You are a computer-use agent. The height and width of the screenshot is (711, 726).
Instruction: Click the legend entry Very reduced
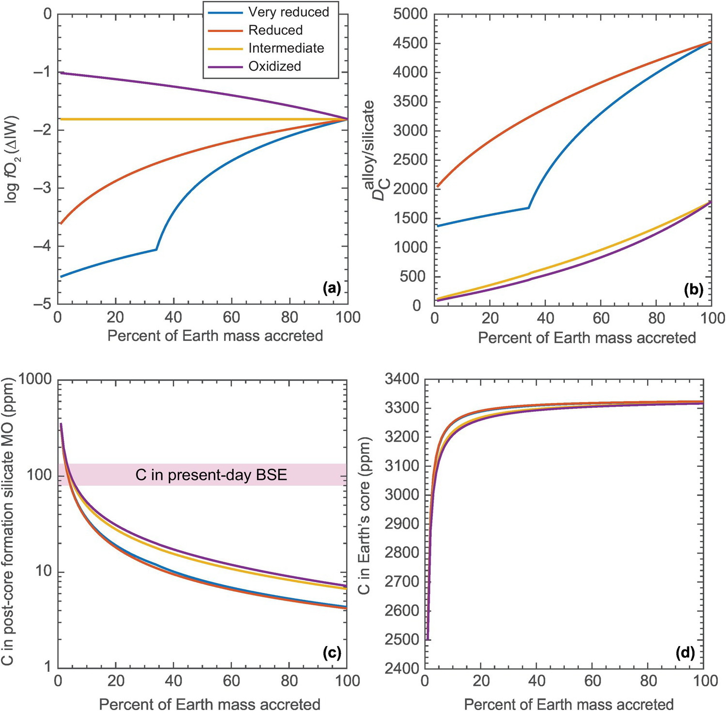point(288,12)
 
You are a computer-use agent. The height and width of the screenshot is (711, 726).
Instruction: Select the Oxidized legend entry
point(274,66)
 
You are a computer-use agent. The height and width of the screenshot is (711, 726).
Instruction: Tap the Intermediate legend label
point(286,48)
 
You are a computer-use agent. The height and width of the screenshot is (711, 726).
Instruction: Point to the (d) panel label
point(685,654)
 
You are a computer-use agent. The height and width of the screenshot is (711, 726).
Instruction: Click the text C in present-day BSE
point(211,475)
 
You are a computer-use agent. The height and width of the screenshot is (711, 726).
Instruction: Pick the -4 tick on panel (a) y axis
point(44,247)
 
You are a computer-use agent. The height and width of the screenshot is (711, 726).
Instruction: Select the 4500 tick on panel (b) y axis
point(410,44)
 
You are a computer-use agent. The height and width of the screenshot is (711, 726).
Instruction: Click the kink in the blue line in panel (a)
point(156,249)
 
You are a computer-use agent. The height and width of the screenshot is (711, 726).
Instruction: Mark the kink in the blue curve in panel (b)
point(529,208)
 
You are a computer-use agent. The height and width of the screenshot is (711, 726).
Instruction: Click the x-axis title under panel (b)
point(587,338)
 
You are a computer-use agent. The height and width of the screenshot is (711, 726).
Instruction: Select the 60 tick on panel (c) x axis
point(231,680)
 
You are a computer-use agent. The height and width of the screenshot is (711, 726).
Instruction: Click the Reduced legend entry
point(275,30)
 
